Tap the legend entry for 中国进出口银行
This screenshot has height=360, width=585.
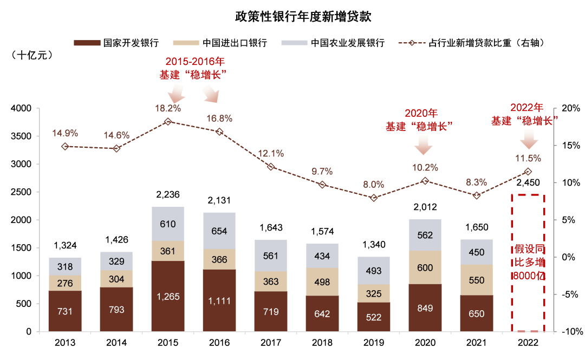coord(220,43)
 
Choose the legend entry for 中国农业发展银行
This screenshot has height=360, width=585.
coord(333,43)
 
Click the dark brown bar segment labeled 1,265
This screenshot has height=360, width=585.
coord(168,296)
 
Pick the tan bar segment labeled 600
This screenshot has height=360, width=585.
coord(425,267)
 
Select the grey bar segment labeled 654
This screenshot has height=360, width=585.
coord(219,231)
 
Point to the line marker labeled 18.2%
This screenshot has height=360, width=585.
coord(168,122)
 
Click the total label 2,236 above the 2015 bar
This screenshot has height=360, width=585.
coord(168,194)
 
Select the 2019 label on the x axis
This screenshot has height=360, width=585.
coord(373,343)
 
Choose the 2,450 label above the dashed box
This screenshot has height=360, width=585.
coord(528,182)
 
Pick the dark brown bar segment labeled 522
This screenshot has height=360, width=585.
coord(373,317)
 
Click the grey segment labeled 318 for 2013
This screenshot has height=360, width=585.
coord(65,266)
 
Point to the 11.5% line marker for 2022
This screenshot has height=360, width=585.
coord(528,172)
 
